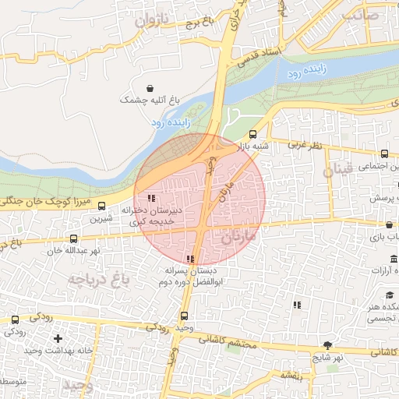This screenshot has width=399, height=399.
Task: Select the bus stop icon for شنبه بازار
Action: click(x=251, y=135)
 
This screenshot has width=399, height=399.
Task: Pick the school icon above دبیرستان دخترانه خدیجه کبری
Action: click(x=150, y=198)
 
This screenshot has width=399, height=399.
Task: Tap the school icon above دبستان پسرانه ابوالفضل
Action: click(x=190, y=259)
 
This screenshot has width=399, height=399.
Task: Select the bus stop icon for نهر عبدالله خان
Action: click(x=74, y=239)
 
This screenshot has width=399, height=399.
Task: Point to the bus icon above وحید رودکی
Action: click(x=184, y=316)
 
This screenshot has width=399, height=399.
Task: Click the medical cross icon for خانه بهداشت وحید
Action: click(x=57, y=338)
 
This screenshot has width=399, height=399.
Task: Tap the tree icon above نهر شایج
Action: click(x=327, y=345)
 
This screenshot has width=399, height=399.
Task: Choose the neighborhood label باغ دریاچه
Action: click(x=96, y=277)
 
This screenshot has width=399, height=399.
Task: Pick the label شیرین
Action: click(x=101, y=219)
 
